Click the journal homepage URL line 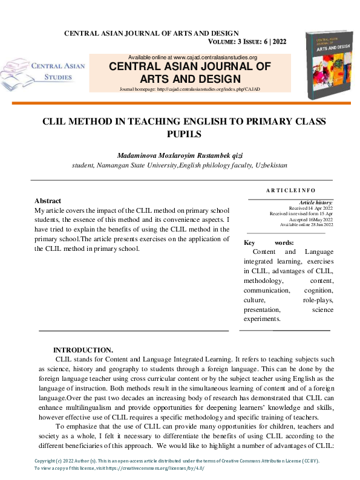189,89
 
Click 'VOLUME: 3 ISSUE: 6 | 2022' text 255,42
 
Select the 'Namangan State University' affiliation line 180,164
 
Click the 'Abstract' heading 48,201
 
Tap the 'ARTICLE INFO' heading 290,191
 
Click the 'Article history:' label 316,203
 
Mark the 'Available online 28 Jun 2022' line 306,225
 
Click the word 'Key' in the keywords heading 250,242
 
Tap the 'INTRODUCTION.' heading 83,350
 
